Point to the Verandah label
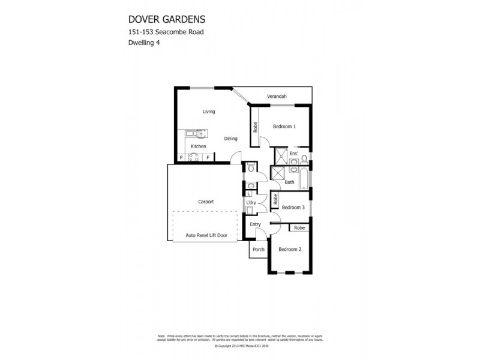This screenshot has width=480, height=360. coord(277,97)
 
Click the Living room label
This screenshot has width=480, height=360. coord(209,112)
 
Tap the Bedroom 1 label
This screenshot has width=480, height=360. coord(284,127)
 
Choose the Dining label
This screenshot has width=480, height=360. coord(231,139)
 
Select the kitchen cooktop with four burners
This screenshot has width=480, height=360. coord(194,158)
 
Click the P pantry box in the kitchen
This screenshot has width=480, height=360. coord(181,158)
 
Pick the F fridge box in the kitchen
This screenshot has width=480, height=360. coord(208,158)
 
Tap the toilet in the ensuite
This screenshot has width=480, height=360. coord(304,159)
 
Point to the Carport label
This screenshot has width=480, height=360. coord(206,202)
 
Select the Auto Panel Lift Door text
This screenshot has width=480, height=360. coord(206,235)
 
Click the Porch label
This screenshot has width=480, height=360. coord(259,250)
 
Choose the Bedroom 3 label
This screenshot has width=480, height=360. coord(293,207)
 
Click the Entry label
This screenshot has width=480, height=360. coord(256,224)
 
